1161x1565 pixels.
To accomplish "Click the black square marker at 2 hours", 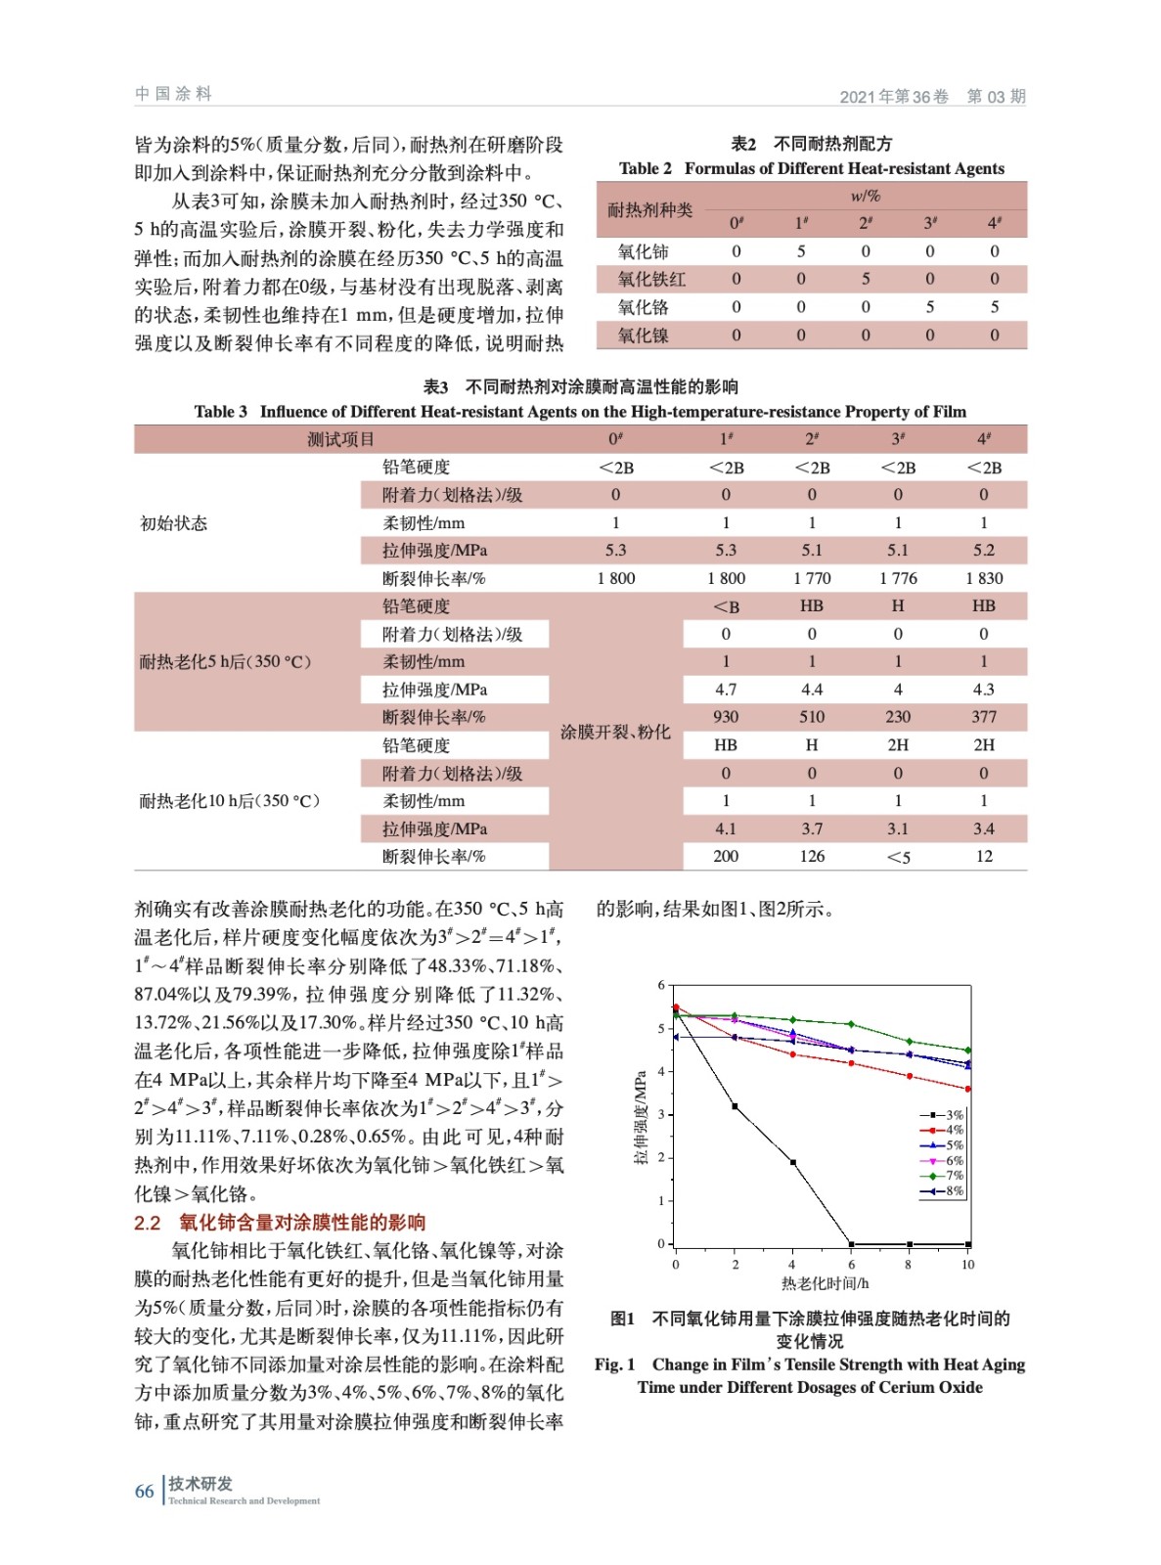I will [735, 1106].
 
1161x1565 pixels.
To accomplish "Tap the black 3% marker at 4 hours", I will [792, 1162].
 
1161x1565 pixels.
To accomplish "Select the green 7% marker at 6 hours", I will [851, 1024].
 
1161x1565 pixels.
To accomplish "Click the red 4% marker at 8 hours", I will [910, 1076].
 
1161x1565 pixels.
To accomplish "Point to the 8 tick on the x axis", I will [909, 1265].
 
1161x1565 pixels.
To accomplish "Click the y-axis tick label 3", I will [661, 1114].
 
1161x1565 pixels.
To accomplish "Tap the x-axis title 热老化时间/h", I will [825, 1283].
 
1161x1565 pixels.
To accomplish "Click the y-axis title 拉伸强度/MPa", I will [641, 1115].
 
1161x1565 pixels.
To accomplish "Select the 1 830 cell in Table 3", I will [984, 578].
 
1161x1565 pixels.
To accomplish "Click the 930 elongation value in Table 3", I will [726, 717].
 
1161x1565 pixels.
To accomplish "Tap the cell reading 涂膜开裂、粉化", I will [615, 732].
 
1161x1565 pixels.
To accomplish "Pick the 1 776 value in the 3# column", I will [898, 578].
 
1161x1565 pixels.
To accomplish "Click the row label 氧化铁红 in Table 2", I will [651, 280].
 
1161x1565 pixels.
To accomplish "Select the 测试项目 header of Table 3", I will [340, 439].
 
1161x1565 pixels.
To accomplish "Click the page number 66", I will [144, 1492].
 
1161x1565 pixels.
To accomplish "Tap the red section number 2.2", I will [147, 1223].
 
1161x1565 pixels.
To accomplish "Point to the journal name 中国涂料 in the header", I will [173, 94].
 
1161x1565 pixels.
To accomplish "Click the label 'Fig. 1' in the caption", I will [614, 1364].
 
